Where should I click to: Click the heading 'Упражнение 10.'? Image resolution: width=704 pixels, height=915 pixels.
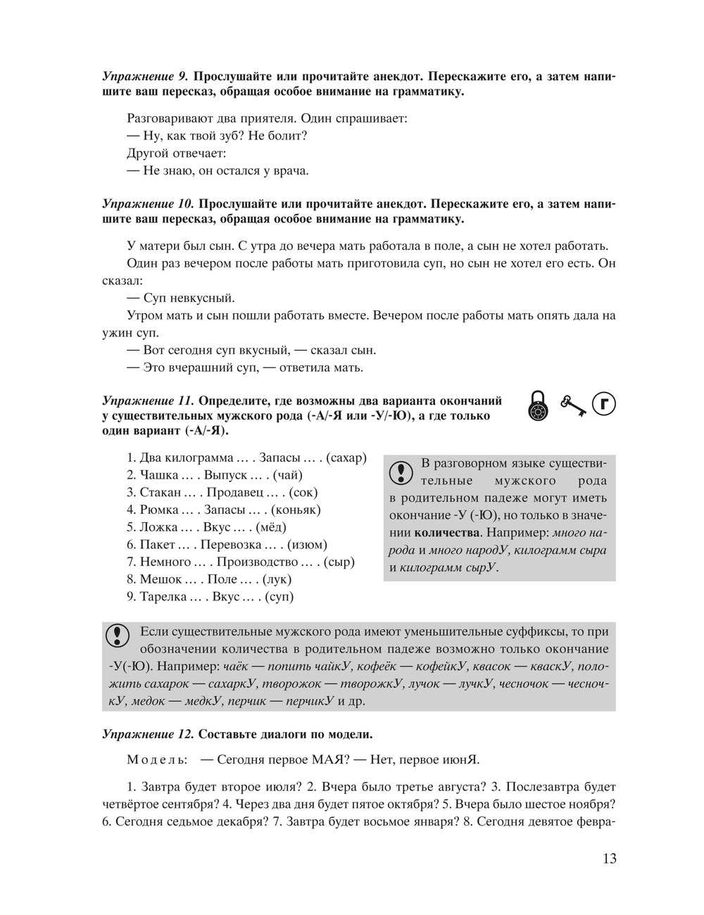pyautogui.click(x=147, y=204)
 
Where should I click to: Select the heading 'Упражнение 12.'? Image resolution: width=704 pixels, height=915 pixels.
pyautogui.click(x=147, y=734)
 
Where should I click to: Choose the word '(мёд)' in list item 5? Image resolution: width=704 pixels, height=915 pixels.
pyautogui.click(x=271, y=526)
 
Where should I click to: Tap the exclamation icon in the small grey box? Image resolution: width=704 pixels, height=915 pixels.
pyautogui.click(x=401, y=471)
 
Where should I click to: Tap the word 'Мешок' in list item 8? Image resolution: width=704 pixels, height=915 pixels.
pyautogui.click(x=161, y=579)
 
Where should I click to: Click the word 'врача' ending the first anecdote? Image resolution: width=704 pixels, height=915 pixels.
pyautogui.click(x=291, y=170)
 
